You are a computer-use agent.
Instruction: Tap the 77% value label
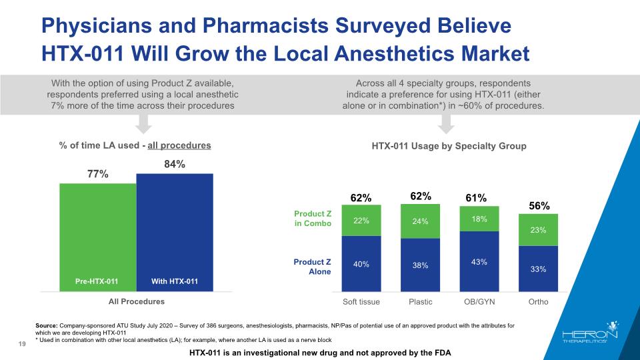97,174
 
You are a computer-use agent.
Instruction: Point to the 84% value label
175,163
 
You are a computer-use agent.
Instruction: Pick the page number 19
23,344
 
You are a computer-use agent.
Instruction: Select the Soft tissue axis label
361,302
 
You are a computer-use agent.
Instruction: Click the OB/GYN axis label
479,302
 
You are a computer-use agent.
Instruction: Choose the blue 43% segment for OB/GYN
479,261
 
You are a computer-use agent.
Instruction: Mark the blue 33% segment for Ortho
538,269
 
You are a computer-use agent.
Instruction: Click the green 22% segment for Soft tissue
361,221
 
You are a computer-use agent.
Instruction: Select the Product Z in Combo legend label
313,218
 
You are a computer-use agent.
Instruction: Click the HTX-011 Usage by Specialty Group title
449,145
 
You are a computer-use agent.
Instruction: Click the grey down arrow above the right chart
447,123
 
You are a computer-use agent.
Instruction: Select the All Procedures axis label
137,302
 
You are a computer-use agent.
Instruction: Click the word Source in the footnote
48,325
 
